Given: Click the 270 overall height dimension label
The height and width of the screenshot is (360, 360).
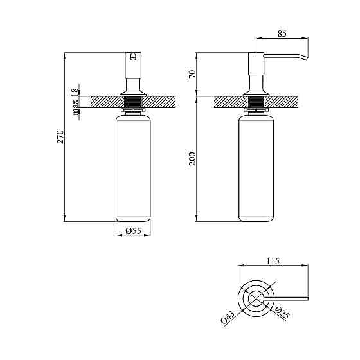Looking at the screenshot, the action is pyautogui.click(x=60, y=137).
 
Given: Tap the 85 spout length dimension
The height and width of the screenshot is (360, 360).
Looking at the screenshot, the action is pyautogui.click(x=282, y=33).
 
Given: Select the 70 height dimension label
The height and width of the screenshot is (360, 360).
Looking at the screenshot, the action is pyautogui.click(x=192, y=74).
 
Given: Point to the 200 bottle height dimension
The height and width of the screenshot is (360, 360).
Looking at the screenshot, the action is pyautogui.click(x=192, y=159).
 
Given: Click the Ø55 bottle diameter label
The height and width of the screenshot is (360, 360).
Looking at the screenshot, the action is pyautogui.click(x=134, y=230).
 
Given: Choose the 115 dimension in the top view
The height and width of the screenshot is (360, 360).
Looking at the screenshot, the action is pyautogui.click(x=273, y=261).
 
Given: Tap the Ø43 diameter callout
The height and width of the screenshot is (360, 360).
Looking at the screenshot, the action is pyautogui.click(x=228, y=317).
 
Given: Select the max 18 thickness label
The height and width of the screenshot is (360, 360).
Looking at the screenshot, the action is pyautogui.click(x=75, y=102).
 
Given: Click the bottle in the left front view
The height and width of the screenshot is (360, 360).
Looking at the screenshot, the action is pyautogui.click(x=133, y=168).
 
